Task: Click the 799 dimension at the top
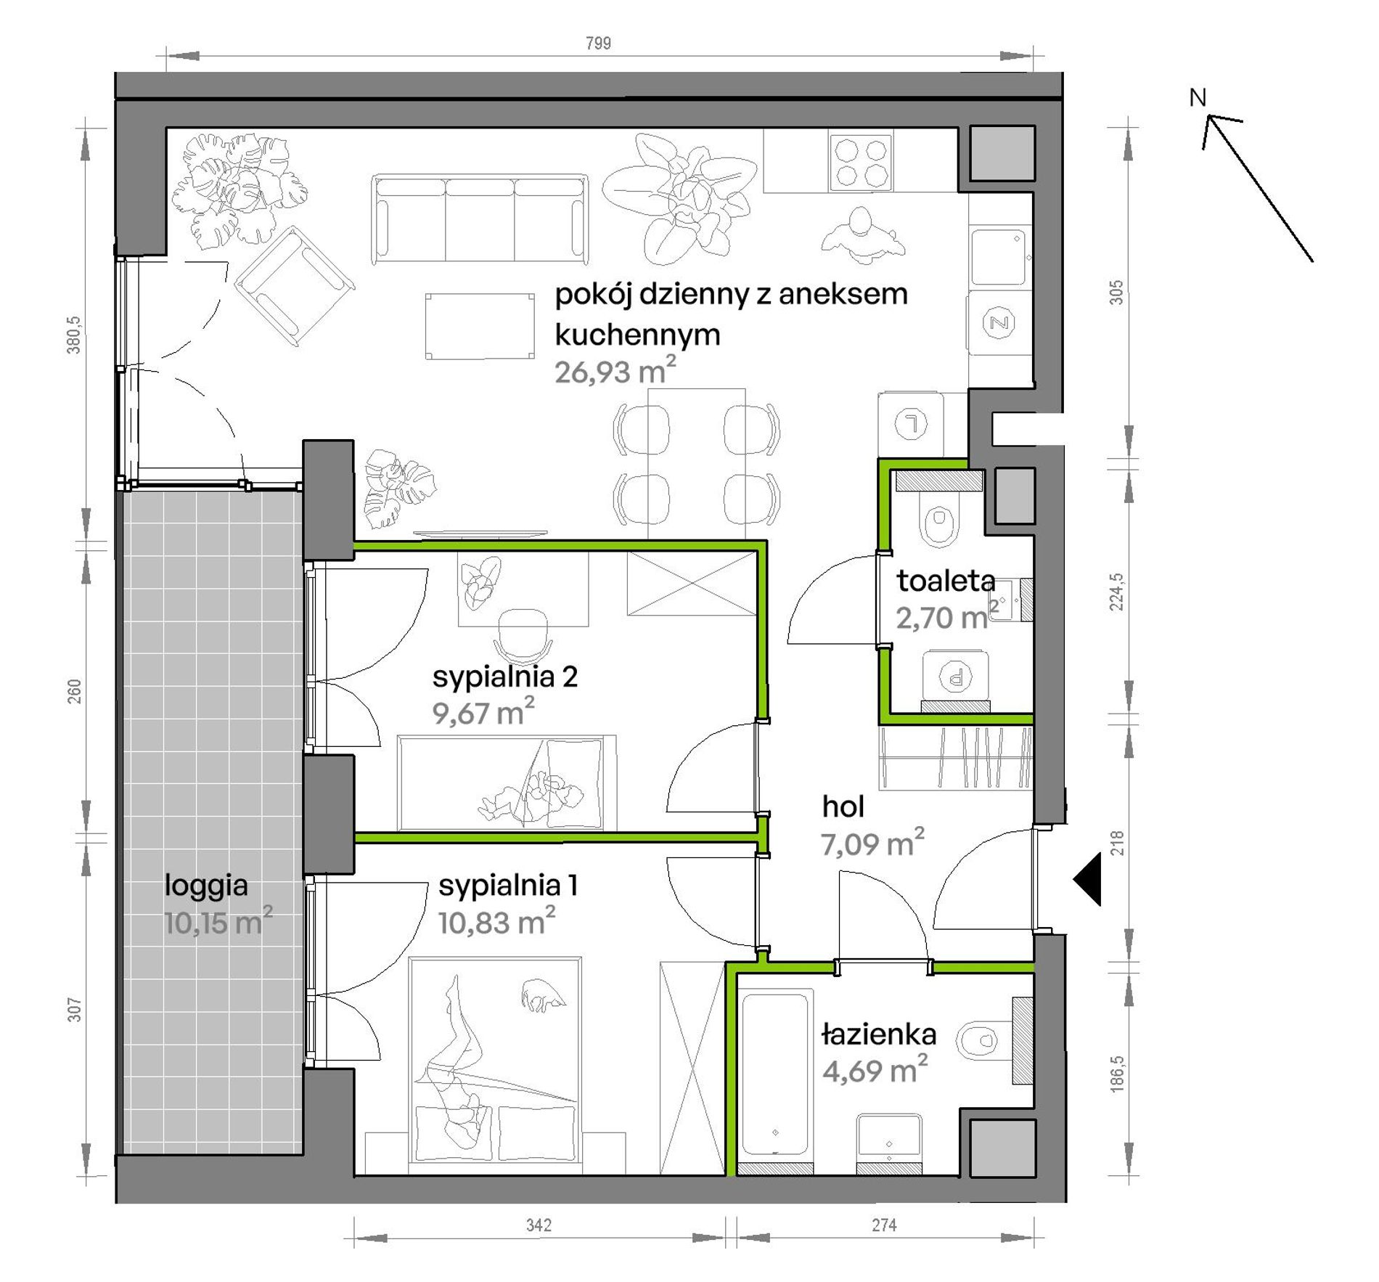pyautogui.click(x=598, y=44)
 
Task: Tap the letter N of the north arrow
pyautogui.click(x=1198, y=97)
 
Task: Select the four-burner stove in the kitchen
pyautogui.click(x=861, y=163)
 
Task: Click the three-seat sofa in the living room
pyautogui.click(x=479, y=219)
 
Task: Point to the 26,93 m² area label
pyautogui.click(x=615, y=370)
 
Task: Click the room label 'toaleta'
pyautogui.click(x=946, y=581)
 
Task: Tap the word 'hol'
pyautogui.click(x=843, y=807)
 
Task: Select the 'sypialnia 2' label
pyautogui.click(x=505, y=677)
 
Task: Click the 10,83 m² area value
pyautogui.click(x=496, y=921)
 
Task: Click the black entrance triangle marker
pyautogui.click(x=1088, y=879)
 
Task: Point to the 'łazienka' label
pyautogui.click(x=879, y=1034)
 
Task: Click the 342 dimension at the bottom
pyautogui.click(x=539, y=1225)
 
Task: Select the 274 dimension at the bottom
pyautogui.click(x=884, y=1225)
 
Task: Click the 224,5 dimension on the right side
pyautogui.click(x=1116, y=592)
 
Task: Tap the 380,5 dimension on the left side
pyautogui.click(x=75, y=335)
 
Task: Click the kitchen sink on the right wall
pyautogui.click(x=1001, y=258)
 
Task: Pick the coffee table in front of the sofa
pyautogui.click(x=480, y=326)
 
